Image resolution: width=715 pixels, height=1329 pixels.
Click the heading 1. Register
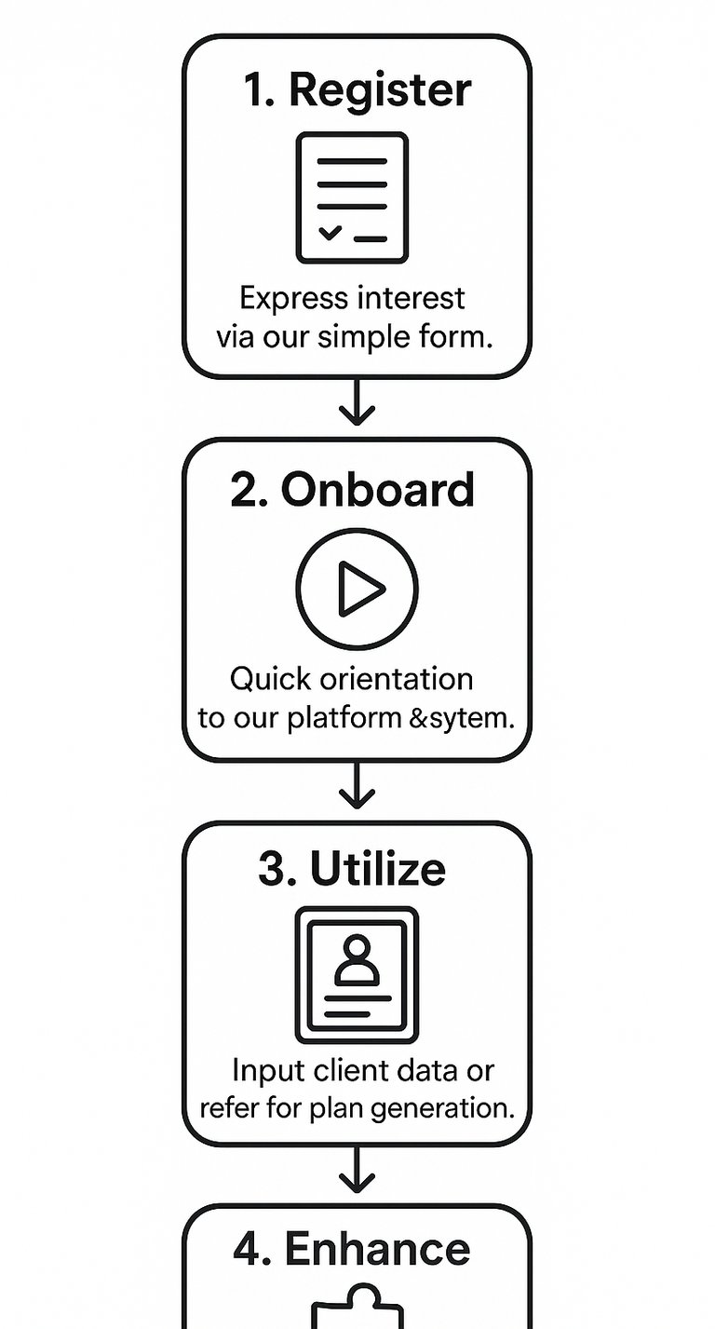point(357,90)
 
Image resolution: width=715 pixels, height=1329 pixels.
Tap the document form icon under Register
point(352,197)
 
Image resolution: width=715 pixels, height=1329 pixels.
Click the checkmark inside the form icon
point(330,232)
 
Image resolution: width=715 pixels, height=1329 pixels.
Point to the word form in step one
point(454,336)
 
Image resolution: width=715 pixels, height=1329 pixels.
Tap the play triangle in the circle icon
point(359,589)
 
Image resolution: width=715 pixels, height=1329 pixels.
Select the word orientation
point(396,679)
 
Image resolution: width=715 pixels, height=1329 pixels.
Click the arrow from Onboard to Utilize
point(357,787)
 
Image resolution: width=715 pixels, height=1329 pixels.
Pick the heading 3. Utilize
point(352,869)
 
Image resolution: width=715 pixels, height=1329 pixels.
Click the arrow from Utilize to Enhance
point(357,1170)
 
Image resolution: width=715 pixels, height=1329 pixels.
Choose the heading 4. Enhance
point(352,1250)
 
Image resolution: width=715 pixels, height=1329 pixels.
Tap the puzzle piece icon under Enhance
point(357,1309)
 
